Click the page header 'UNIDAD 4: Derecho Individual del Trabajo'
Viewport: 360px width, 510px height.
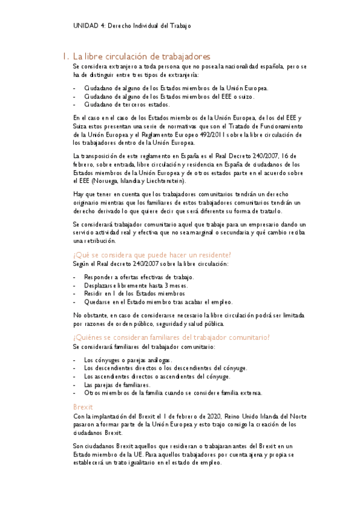click(132, 26)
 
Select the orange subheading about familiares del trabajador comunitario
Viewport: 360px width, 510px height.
click(171, 337)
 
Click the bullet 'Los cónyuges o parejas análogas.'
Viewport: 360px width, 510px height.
click(128, 359)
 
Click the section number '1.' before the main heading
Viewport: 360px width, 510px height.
click(65, 56)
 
